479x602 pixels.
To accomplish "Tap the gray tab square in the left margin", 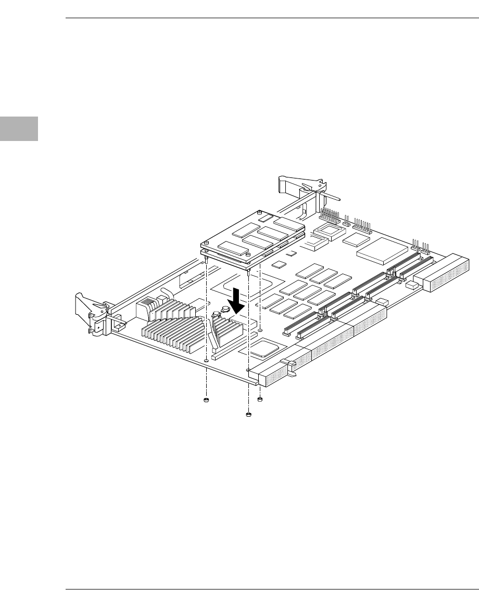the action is pos(19,129).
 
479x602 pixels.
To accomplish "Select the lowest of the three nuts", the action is pos(248,415).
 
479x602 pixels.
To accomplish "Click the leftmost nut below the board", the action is pos(206,400).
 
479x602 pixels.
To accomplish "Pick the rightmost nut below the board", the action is pos(260,400).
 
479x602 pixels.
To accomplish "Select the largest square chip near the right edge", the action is pos(382,252).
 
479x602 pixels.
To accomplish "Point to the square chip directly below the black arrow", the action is pos(264,347).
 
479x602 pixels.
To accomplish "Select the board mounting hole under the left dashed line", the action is pos(207,360).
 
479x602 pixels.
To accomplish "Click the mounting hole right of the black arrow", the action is pos(260,329).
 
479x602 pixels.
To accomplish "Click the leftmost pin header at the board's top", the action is pos(328,214).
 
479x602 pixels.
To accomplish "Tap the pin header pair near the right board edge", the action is pos(420,245).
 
